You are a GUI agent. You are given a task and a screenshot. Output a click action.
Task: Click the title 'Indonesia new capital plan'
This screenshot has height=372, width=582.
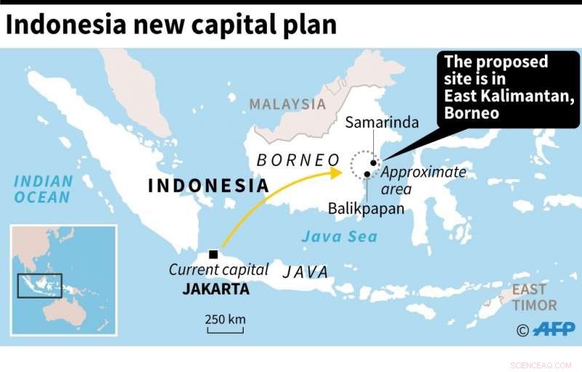tap(172, 25)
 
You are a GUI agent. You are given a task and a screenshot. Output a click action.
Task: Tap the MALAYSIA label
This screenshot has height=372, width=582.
tap(287, 104)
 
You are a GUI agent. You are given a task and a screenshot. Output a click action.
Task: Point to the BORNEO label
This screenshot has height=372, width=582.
tap(298, 160)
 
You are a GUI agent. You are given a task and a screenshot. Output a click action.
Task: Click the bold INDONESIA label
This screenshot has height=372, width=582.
tap(208, 186)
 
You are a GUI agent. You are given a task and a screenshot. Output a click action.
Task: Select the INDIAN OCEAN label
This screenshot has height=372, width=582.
tap(44, 189)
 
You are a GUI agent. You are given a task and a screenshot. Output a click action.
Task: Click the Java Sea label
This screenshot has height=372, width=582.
tap(340, 237)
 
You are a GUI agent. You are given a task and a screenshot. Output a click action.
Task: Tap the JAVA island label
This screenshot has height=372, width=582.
tap(306, 272)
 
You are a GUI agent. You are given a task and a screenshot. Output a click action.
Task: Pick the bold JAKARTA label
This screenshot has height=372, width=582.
tap(216, 289)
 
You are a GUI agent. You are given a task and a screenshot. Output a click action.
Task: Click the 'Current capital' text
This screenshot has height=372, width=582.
tap(219, 269)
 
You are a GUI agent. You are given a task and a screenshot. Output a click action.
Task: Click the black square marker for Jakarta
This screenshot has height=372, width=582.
tap(213, 254)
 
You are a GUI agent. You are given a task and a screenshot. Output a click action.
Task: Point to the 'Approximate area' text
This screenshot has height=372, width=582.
tap(423, 181)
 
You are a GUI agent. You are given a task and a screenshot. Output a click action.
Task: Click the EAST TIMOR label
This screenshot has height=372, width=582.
tap(535, 297)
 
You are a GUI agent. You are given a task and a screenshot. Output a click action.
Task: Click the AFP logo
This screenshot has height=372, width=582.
tap(553, 330)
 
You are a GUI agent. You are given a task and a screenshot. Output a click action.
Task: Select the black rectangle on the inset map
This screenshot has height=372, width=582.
tap(40, 285)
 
